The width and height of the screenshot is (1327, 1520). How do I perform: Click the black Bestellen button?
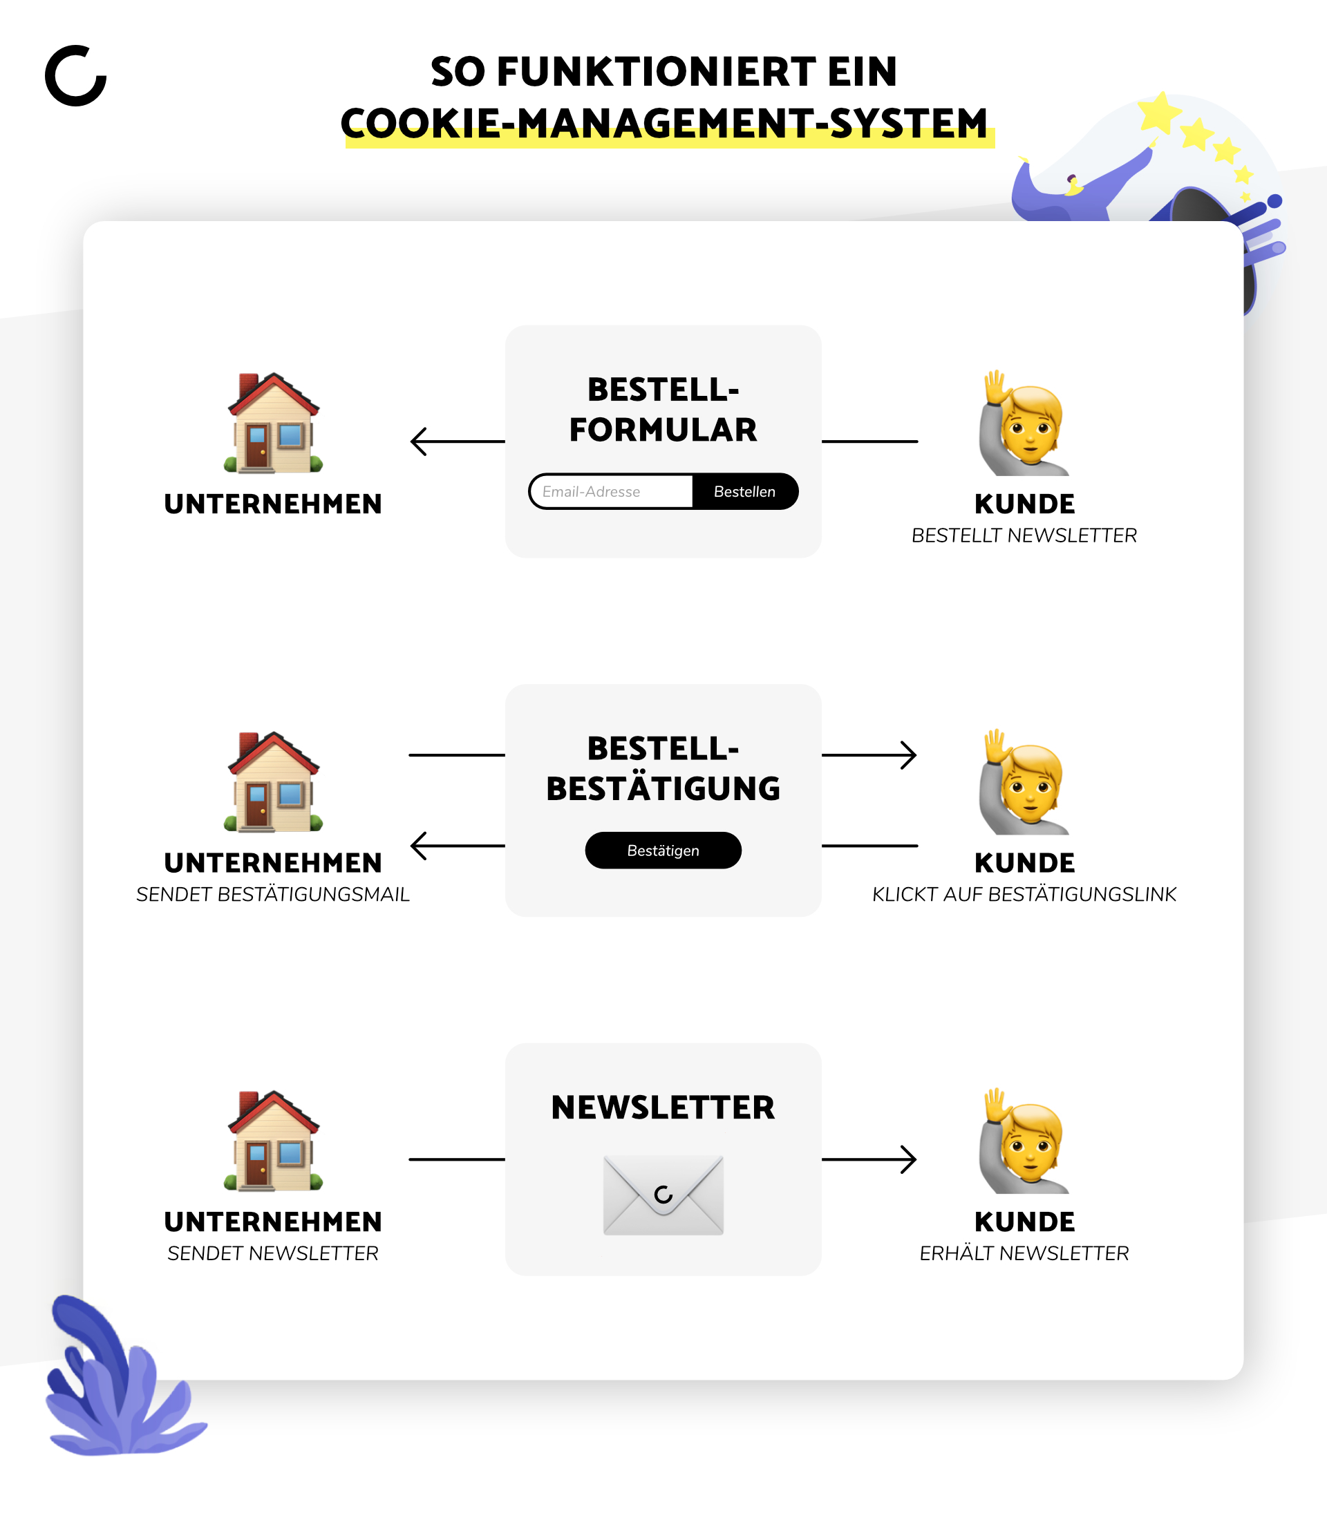(x=745, y=492)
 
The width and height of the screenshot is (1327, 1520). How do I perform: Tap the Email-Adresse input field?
(x=612, y=492)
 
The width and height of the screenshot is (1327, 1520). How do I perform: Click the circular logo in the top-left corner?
(x=75, y=75)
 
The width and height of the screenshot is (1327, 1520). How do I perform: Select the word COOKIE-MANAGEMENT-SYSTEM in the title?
(x=664, y=123)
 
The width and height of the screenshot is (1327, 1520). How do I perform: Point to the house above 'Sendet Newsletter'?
(x=273, y=1140)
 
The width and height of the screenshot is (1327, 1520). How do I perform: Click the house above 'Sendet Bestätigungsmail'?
(x=273, y=781)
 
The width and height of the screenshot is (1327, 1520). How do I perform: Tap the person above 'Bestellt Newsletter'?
(x=1024, y=424)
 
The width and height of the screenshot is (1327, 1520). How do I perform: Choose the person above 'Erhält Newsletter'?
(x=1024, y=1141)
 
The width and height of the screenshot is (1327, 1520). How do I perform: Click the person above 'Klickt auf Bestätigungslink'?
(x=1024, y=783)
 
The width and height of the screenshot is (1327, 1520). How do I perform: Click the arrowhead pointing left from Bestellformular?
(x=418, y=441)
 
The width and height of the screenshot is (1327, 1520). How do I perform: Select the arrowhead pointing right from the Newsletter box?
(x=909, y=1159)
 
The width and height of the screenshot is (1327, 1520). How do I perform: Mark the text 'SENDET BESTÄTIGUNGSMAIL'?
(x=273, y=894)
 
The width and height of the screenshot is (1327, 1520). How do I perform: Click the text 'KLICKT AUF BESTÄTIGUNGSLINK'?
(x=1024, y=894)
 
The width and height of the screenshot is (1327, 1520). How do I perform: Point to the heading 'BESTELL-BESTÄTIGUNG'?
(x=663, y=768)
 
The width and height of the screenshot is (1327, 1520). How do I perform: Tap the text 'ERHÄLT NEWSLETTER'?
(x=1024, y=1253)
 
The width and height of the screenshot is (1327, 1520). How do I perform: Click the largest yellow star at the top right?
(x=1160, y=113)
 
